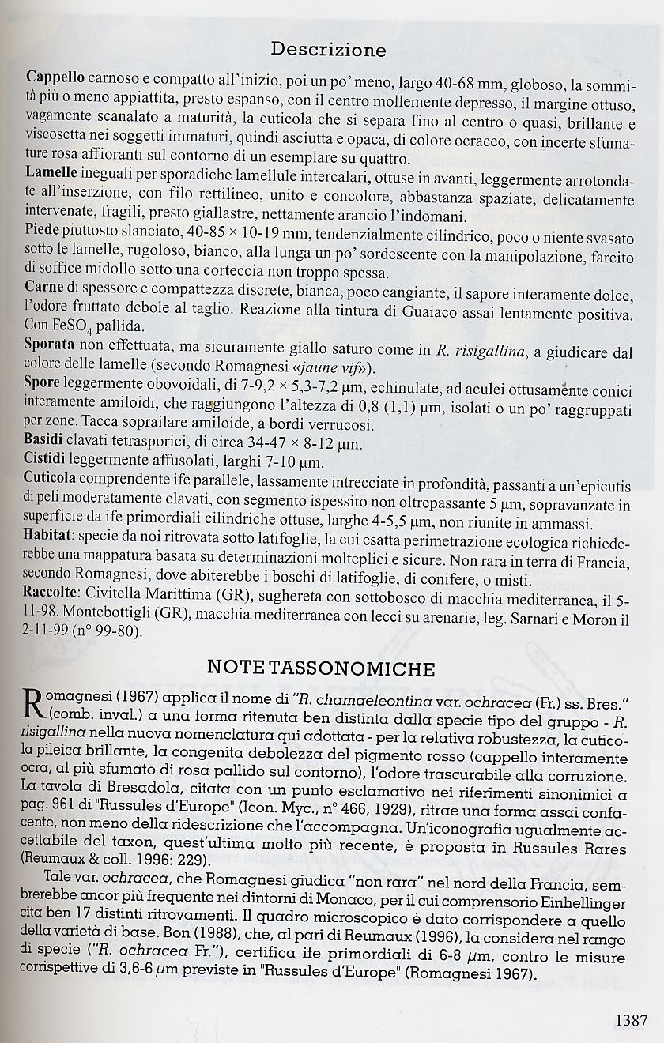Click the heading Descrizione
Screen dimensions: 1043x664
coord(328,50)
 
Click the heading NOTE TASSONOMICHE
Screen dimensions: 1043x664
coord(320,669)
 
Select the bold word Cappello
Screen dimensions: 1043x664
coord(55,77)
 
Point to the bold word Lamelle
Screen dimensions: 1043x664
coord(51,171)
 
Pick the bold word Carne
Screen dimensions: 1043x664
coord(44,285)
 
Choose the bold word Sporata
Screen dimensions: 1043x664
coord(50,346)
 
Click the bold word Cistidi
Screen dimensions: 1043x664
coord(47,460)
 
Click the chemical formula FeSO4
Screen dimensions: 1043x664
coord(68,326)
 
